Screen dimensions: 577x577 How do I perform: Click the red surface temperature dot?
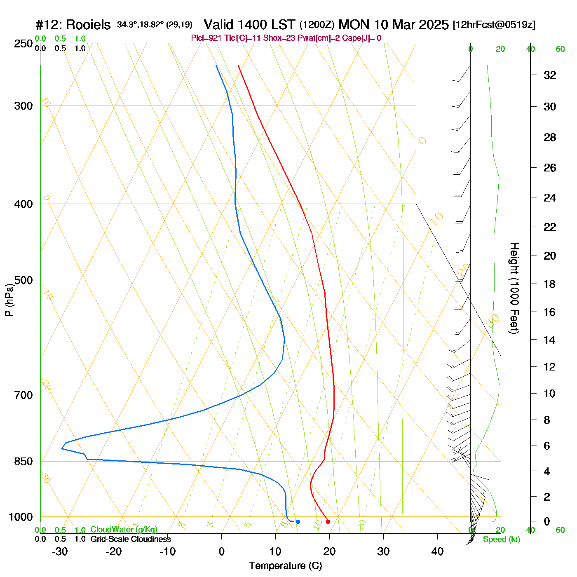point(328,522)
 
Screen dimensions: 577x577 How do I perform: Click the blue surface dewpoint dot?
point(298,522)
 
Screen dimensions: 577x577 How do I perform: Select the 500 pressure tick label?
point(23,280)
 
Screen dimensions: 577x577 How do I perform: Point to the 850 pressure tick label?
point(23,462)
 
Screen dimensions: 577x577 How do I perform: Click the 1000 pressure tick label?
point(21,517)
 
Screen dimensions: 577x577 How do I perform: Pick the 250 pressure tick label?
point(23,44)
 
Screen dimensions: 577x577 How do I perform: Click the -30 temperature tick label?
point(60,551)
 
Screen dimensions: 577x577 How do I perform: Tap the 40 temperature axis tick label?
point(437,551)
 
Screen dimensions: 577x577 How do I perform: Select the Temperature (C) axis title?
point(285,566)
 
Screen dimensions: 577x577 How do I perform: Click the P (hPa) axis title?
point(9,300)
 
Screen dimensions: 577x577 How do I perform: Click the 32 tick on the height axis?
point(550,75)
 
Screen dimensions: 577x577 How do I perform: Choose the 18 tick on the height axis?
point(550,284)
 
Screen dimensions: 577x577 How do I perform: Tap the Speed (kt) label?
point(502,539)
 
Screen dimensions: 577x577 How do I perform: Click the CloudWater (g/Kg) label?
point(124,530)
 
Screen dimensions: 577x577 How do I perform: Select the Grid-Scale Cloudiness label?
point(131,539)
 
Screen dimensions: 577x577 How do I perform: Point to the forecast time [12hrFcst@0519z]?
point(494,25)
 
